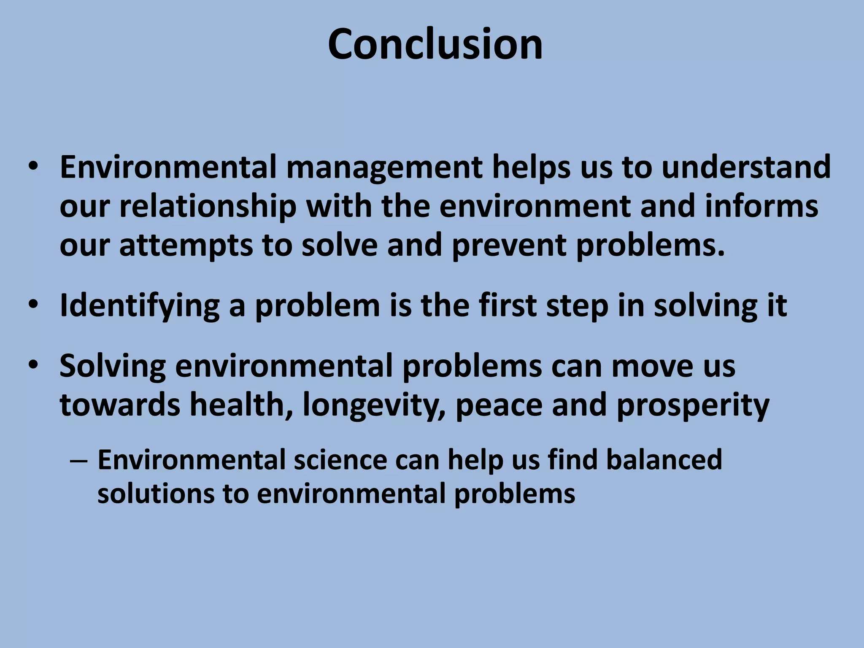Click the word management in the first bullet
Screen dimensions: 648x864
click(x=384, y=167)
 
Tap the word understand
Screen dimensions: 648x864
click(x=746, y=167)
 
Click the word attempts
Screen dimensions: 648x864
click(x=186, y=245)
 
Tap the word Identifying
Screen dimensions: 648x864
click(x=140, y=305)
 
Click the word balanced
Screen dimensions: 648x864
click(x=664, y=459)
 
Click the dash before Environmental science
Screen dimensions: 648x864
click(x=78, y=461)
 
